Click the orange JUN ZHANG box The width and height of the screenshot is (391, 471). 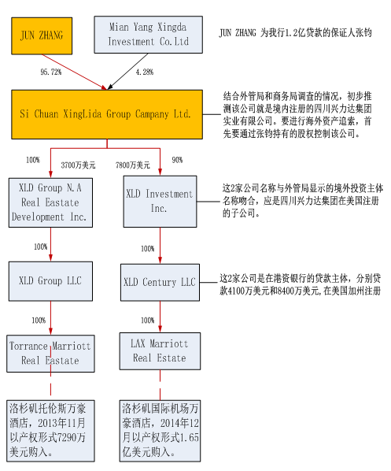(42, 35)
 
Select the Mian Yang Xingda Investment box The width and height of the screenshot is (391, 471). (148, 35)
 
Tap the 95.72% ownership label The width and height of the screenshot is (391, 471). (50, 72)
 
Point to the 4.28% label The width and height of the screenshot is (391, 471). (144, 72)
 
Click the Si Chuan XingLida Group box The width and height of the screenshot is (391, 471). (107, 114)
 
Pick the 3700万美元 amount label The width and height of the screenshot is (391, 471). (78, 165)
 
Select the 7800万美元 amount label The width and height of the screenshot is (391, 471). (133, 165)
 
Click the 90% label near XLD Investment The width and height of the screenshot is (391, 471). (177, 160)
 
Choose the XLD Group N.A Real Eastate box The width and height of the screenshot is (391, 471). (50, 202)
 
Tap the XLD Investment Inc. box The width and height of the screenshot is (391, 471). (160, 202)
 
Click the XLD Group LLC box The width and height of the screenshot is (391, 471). (50, 281)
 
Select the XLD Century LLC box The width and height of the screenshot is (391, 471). (160, 282)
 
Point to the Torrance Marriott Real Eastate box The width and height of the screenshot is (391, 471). (50, 354)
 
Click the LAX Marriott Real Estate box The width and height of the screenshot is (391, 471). (160, 350)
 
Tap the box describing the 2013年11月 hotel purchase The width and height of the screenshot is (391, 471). (50, 431)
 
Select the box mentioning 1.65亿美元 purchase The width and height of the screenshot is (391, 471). (160, 431)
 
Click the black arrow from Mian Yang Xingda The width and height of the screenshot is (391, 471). (127, 72)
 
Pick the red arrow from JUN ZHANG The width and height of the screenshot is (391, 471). (75, 72)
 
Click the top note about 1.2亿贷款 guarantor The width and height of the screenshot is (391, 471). (295, 33)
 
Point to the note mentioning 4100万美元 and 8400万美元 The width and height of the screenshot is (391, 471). (300, 284)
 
